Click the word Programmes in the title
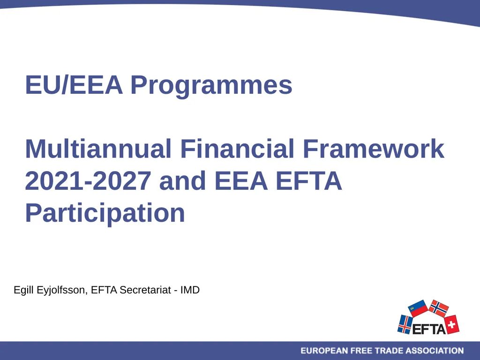pos(211,86)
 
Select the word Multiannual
pos(98,149)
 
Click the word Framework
pos(373,149)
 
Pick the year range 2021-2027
pos(89,181)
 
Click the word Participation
pos(105,213)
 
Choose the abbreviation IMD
pos(190,290)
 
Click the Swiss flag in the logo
pos(451,324)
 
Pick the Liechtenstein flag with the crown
pos(418,308)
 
